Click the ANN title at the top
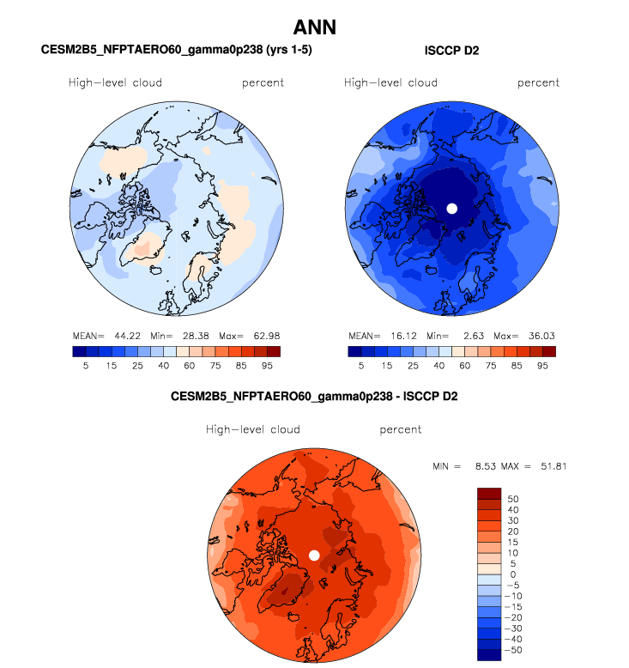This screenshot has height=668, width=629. click(314, 27)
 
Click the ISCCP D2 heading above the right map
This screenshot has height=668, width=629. click(451, 51)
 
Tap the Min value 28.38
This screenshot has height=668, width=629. click(195, 336)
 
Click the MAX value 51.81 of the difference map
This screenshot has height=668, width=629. click(550, 466)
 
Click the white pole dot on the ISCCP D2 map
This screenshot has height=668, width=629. click(451, 208)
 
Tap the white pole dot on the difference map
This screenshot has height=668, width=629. click(314, 556)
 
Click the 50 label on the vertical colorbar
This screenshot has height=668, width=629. click(514, 498)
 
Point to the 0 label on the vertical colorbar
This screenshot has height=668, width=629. click(512, 574)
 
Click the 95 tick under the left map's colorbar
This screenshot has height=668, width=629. click(267, 365)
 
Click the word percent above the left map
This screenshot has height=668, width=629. click(263, 82)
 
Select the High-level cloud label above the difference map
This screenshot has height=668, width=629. click(252, 429)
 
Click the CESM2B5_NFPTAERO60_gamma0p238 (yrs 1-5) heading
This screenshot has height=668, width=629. click(176, 51)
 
